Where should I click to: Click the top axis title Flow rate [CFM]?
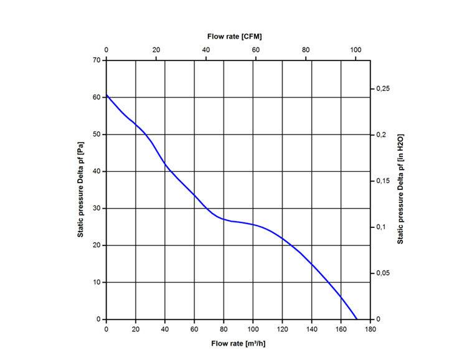pyautogui.click(x=234, y=36)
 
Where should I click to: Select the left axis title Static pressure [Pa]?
pyautogui.click(x=80, y=189)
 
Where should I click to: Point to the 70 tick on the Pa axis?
pyautogui.click(x=96, y=60)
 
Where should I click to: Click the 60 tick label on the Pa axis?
pyautogui.click(x=96, y=97)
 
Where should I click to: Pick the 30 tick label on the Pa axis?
pyautogui.click(x=96, y=209)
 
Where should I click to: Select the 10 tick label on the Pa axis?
pyautogui.click(x=96, y=283)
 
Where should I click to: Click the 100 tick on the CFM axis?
pyautogui.click(x=356, y=50)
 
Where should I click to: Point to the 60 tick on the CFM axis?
pyautogui.click(x=256, y=50)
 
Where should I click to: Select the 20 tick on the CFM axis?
pyautogui.click(x=156, y=50)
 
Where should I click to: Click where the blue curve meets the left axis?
pyautogui.click(x=106, y=95)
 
